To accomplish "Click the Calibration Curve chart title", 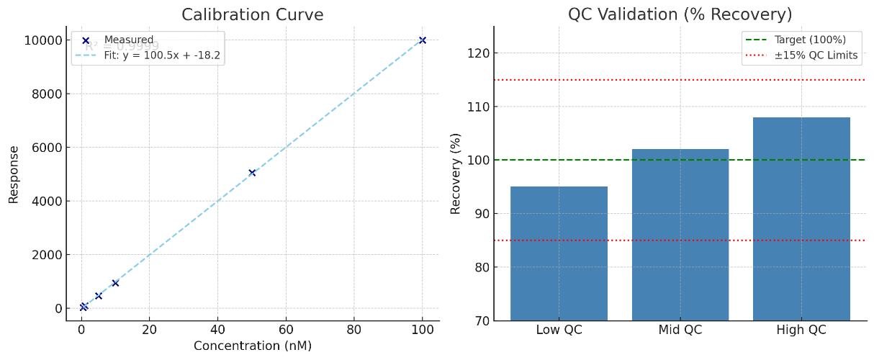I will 252,14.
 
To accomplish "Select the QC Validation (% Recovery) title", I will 680,14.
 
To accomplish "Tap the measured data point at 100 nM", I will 423,40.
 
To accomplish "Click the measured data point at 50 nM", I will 252,173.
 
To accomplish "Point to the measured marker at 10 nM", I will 115,283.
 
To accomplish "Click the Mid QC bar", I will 680,235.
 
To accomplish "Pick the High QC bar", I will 801,219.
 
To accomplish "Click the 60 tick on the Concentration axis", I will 286,329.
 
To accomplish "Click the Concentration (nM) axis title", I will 252,346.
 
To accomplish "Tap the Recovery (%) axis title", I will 456,174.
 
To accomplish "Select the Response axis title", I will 14,174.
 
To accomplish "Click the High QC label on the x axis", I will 801,330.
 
